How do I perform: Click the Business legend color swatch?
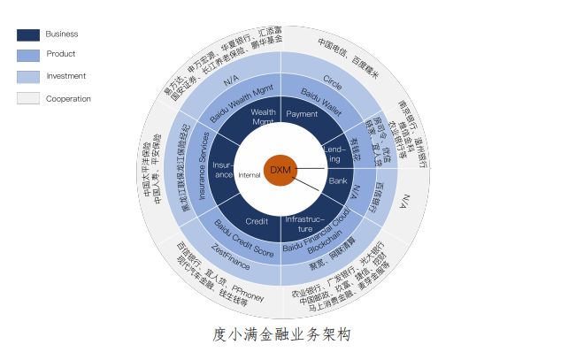pos(28,34)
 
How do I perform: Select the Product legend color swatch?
pos(28,56)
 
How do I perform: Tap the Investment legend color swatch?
pos(28,77)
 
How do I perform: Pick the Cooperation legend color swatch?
pos(28,98)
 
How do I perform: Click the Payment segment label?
pos(302,114)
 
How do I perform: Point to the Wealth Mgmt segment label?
pos(264,118)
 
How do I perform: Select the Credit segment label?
pos(257,221)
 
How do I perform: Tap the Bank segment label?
pos(338,180)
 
